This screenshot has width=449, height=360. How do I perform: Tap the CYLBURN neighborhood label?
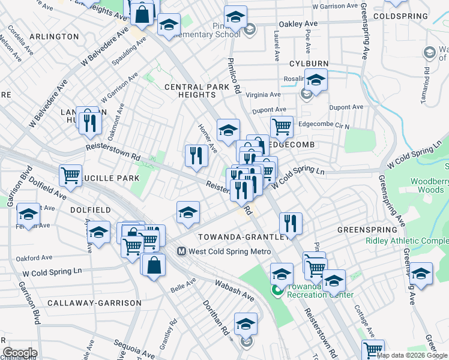(x=308, y=64)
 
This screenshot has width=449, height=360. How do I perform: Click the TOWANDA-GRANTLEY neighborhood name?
(x=240, y=236)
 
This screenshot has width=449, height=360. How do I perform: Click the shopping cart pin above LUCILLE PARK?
(x=70, y=175)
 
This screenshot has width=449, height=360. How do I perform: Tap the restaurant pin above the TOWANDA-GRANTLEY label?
(x=290, y=223)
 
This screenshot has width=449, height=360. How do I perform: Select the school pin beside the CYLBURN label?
(x=315, y=79)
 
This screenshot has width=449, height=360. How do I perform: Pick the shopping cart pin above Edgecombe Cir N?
(x=281, y=127)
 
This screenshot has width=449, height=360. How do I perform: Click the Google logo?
(x=20, y=353)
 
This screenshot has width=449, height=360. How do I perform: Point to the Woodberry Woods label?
(x=429, y=185)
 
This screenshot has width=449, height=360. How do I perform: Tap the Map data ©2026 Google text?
(x=412, y=355)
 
